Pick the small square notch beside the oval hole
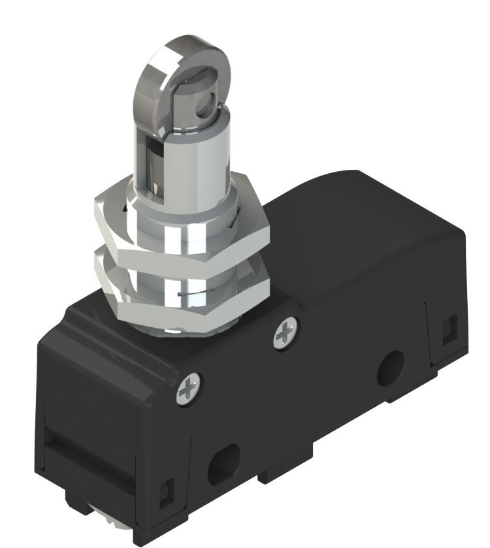tap(167, 487)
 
